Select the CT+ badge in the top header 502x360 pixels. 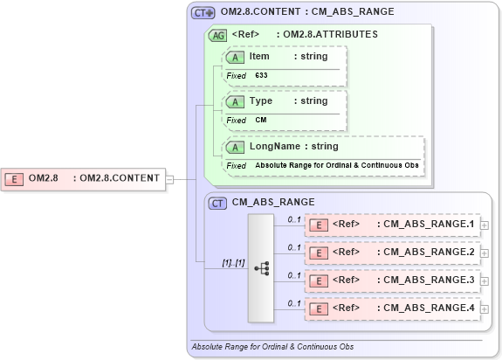[x=203, y=13]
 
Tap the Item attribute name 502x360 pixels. [x=259, y=57]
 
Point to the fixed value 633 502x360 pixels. [x=262, y=76]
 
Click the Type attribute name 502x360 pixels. [x=261, y=101]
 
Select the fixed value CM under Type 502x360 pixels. [x=261, y=120]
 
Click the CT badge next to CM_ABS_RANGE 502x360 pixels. [x=218, y=203]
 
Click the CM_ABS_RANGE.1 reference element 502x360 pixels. [x=392, y=225]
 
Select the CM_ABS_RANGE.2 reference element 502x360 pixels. [x=392, y=253]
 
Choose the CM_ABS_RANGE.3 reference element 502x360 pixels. [x=392, y=281]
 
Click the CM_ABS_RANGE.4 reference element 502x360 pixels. [x=392, y=308]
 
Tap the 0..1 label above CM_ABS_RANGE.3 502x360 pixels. [x=294, y=274]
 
